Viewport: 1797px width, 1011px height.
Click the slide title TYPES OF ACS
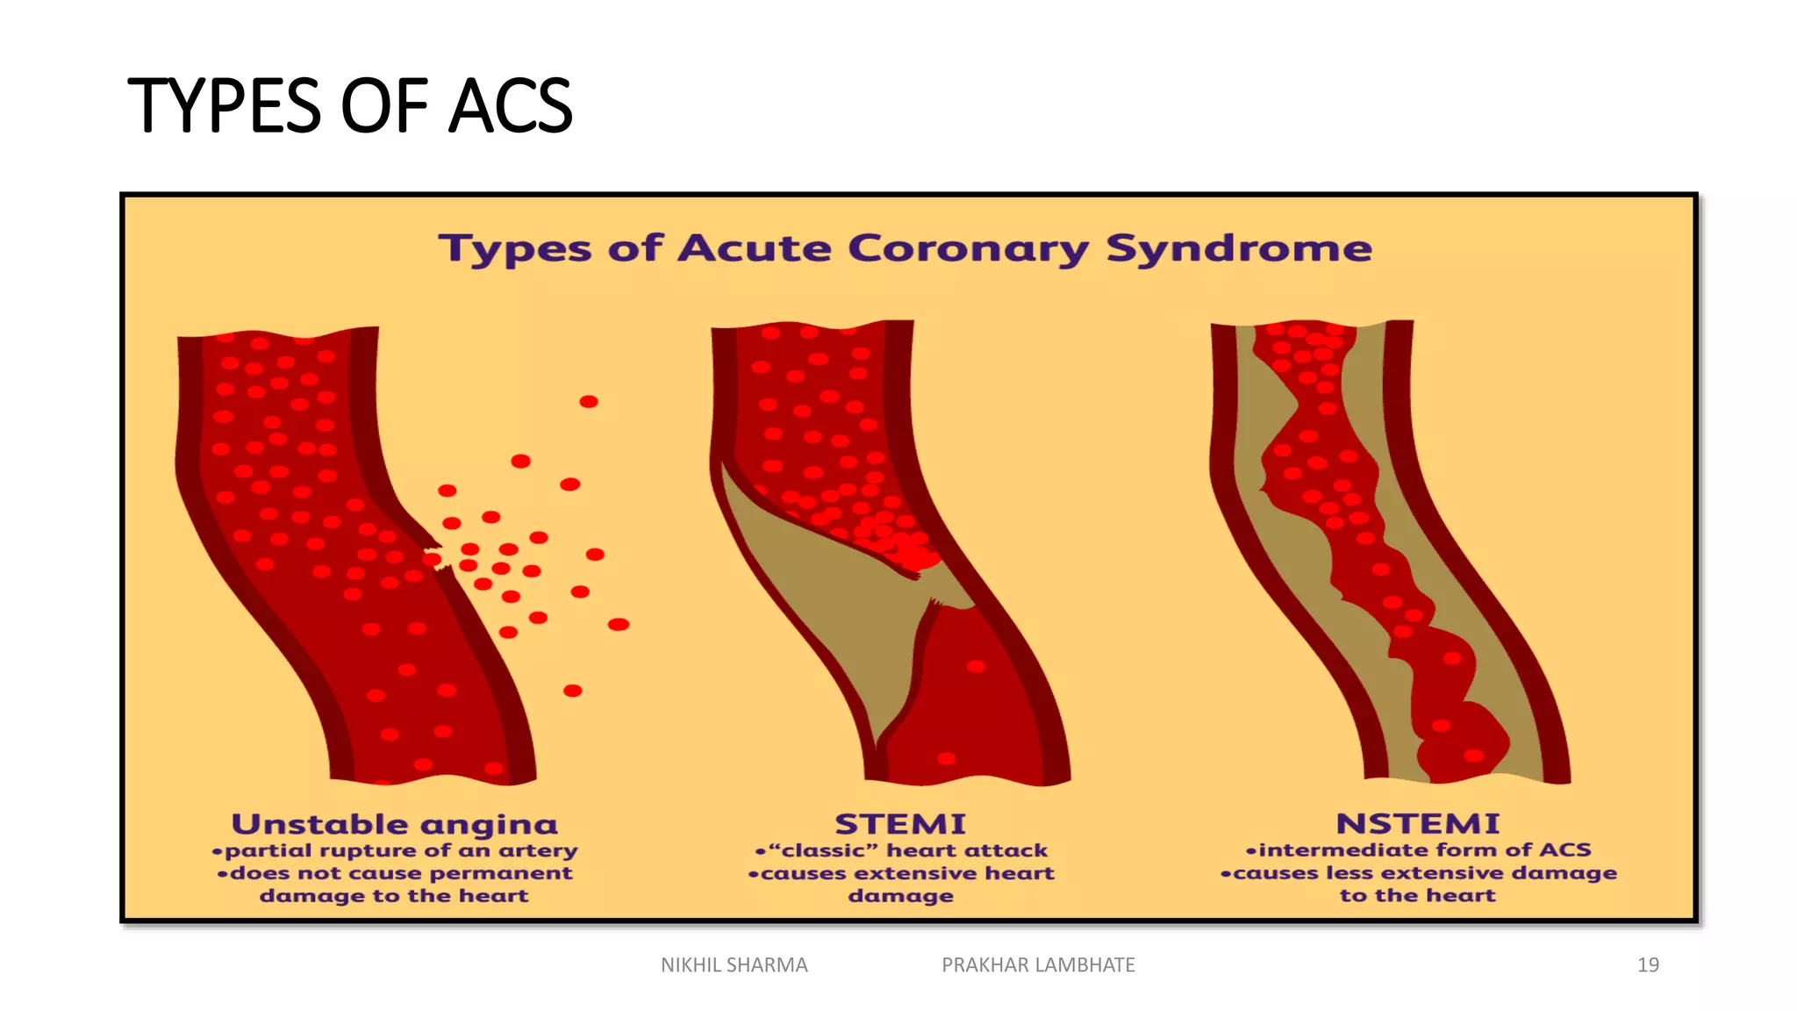pos(350,106)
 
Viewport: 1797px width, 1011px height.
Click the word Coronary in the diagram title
pos(968,248)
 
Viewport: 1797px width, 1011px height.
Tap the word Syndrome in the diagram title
pos(1238,249)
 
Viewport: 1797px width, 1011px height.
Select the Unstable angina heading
pos(395,824)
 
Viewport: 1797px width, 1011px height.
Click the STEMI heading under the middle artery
pos(900,824)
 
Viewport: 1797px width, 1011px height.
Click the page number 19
pos(1648,964)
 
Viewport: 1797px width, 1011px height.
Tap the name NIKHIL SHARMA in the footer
pos(734,964)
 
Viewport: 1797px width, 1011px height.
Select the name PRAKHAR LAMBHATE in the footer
pos(1038,964)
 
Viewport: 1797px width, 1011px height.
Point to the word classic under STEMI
pos(829,850)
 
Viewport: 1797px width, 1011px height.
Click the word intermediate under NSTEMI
pos(1345,850)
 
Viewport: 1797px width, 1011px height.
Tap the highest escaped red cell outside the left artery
pos(589,402)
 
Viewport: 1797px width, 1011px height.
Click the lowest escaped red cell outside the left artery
pos(573,691)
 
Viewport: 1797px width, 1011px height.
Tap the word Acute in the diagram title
pos(754,248)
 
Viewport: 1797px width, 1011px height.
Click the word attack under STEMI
pos(1008,850)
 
